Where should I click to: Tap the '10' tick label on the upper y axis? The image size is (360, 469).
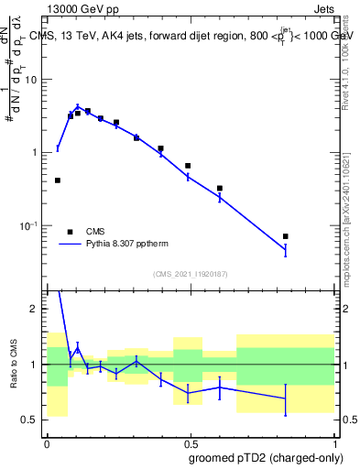coord(35,79)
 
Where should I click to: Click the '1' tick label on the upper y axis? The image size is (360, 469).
coord(38,152)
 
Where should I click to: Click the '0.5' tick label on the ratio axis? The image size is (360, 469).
coord(33,420)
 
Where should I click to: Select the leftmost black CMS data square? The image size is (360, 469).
coord(58,180)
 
